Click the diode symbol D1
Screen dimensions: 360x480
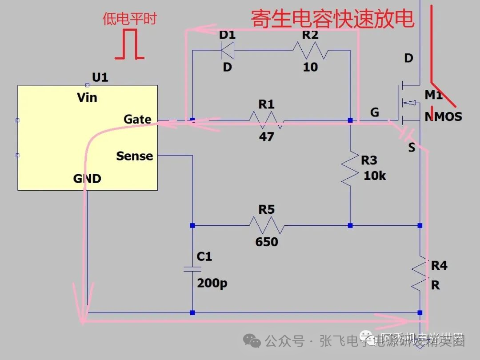coord(228,50)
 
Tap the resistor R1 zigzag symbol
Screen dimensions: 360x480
coord(267,120)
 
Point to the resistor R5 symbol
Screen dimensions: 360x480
coord(267,225)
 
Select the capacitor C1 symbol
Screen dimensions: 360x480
coord(192,269)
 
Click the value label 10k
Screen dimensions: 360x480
coord(375,176)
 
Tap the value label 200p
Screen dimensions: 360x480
coord(212,283)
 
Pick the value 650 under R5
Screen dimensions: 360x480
coord(267,242)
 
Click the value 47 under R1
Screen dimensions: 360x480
coord(267,136)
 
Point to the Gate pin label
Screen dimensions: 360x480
coord(137,119)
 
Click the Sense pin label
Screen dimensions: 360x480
coord(134,156)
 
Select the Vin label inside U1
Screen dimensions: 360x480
coord(87,97)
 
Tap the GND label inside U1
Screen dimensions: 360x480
coord(87,179)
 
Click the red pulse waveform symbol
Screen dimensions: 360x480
coord(129,44)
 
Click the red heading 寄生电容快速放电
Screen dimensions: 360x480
coord(332,19)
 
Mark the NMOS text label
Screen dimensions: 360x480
coord(443,117)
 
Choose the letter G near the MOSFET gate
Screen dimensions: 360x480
coord(375,112)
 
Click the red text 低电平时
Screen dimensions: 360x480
coord(130,19)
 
